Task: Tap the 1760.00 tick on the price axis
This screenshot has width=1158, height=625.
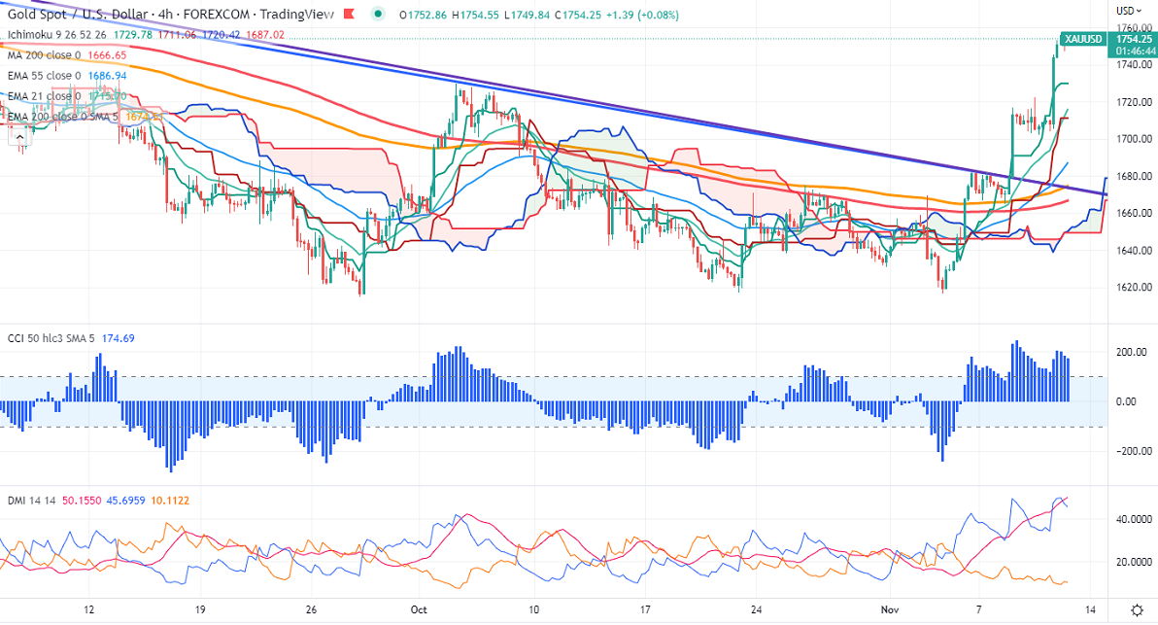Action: coord(1129,27)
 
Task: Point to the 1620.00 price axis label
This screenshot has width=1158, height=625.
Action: coord(1129,288)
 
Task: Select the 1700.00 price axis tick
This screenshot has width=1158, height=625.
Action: coord(1129,139)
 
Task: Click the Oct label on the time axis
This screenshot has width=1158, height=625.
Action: coord(420,609)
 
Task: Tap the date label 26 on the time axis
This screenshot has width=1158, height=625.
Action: coord(310,609)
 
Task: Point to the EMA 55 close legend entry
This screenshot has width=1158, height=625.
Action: coord(42,75)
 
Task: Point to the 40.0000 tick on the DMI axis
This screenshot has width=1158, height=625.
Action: coord(1129,520)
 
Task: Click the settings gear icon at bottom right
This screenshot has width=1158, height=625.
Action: coord(1138,609)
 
